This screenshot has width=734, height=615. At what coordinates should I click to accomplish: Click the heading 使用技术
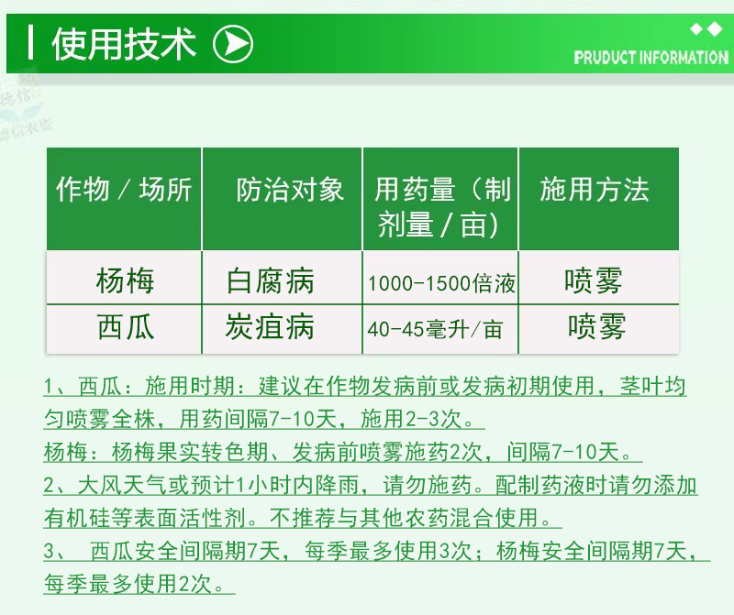(x=124, y=44)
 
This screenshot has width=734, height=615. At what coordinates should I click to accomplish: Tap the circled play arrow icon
(x=233, y=44)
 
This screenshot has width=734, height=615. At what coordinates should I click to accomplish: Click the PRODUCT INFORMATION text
(x=651, y=58)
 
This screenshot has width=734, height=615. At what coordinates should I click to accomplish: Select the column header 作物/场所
(x=124, y=190)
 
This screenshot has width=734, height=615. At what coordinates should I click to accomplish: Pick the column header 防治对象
(x=290, y=190)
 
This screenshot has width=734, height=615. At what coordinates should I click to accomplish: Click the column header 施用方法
(x=595, y=190)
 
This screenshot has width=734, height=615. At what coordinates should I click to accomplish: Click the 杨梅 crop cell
(x=125, y=280)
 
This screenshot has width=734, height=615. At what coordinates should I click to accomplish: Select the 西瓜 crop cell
(x=125, y=326)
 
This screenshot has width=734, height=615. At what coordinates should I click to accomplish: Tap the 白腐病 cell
(x=270, y=280)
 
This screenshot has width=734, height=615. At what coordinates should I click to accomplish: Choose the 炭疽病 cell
(x=270, y=326)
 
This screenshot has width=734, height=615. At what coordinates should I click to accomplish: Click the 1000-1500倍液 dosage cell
(x=441, y=283)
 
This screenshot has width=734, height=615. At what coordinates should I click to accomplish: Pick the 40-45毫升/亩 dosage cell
(x=435, y=329)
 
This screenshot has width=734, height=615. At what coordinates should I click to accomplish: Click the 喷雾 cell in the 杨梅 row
(x=594, y=280)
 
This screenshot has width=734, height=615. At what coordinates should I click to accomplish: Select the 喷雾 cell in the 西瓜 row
(x=597, y=326)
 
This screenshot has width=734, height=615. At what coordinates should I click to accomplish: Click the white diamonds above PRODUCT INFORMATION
(x=706, y=29)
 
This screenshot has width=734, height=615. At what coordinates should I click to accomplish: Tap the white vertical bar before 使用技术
(x=30, y=43)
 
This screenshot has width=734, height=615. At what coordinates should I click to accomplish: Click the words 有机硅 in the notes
(x=77, y=518)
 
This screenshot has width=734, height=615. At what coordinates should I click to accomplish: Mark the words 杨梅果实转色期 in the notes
(x=190, y=452)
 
